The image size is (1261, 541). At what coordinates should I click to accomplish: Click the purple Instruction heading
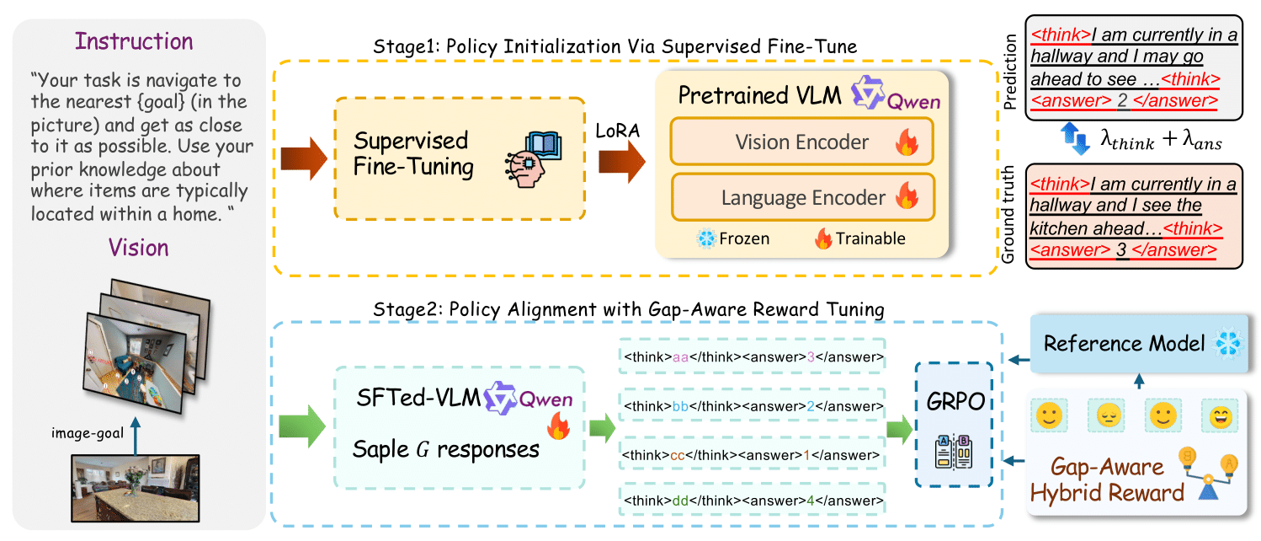[133, 41]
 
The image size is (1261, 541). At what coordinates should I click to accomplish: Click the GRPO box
[954, 424]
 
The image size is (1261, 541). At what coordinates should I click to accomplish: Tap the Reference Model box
[1126, 344]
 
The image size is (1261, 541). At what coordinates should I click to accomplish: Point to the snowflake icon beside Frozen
[705, 239]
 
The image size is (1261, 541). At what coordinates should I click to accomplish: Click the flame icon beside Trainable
[822, 239]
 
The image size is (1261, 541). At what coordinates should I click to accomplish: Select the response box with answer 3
[753, 357]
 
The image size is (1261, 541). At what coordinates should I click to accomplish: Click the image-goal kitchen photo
[136, 487]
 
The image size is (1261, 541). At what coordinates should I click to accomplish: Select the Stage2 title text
[628, 309]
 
